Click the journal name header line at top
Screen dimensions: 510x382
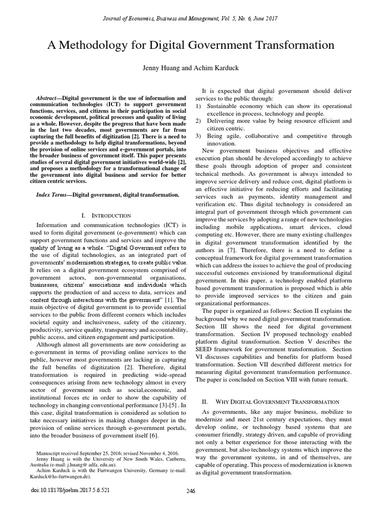[191, 18]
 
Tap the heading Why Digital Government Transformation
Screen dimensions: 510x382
[276, 401]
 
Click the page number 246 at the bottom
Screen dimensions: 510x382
[191, 490]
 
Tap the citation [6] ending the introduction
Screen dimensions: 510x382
[154, 436]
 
